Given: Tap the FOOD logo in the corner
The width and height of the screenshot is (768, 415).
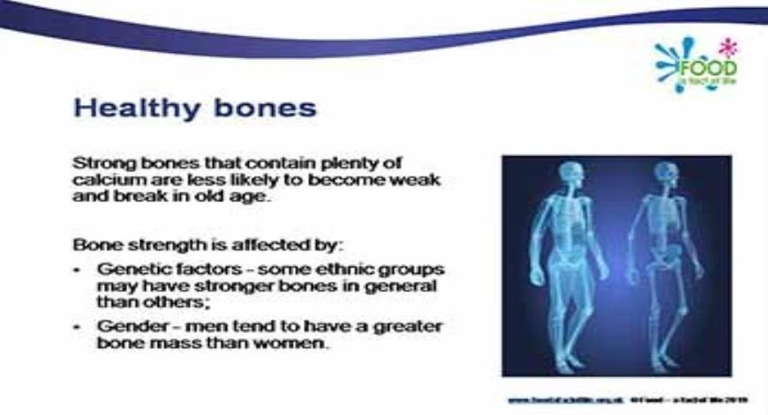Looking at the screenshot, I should tap(707, 66).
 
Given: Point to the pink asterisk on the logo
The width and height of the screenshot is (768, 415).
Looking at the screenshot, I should tap(727, 45).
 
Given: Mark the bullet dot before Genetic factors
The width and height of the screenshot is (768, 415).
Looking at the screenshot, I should tap(79, 268).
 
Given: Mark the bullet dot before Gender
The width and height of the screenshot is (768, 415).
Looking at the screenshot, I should tap(79, 327).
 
